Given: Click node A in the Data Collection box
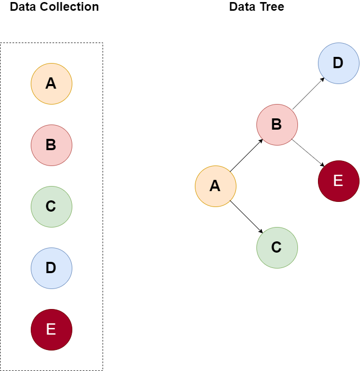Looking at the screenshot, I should pos(51,84).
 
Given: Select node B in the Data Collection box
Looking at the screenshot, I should pos(51,145).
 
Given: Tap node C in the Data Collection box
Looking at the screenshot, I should pos(51,207).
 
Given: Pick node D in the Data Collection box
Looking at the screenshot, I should pos(51,268).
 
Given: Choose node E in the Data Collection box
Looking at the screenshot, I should pos(51,329).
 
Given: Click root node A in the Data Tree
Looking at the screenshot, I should pos(215,186).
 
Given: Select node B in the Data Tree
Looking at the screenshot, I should pos(277,125).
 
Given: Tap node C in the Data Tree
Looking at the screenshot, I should pos(277,248).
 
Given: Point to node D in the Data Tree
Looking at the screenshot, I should pos(338,63).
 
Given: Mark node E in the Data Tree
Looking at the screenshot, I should pos(338,181).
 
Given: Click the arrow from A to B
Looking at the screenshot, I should pos(246,155).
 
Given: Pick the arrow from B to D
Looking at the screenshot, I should pos(308,94).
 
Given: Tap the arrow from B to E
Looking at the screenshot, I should pos(308,153).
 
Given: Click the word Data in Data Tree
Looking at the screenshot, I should pos(242,7).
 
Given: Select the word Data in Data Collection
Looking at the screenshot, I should pos(23,7).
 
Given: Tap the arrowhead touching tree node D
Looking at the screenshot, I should pos(323,79).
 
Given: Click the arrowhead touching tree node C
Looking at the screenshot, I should pos(261,232).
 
